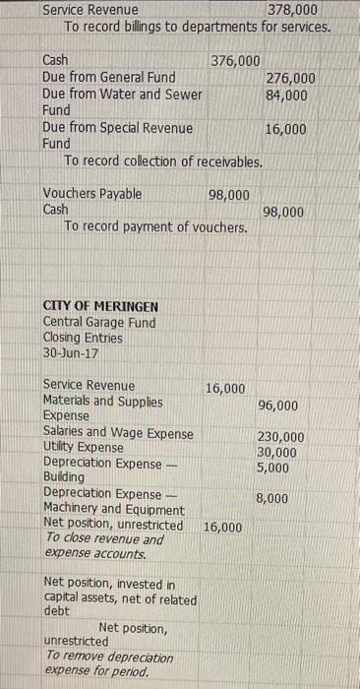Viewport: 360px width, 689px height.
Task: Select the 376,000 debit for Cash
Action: pyautogui.click(x=235, y=61)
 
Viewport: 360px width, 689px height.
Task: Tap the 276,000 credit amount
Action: pyautogui.click(x=291, y=78)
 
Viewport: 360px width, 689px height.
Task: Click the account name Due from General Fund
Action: pyautogui.click(x=109, y=78)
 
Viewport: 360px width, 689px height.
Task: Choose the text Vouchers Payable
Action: pyautogui.click(x=92, y=194)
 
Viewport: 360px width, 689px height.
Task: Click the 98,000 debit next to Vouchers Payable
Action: pyautogui.click(x=229, y=194)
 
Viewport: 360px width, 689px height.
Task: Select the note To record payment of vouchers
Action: pyautogui.click(x=155, y=227)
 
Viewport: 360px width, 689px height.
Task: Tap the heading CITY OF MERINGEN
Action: pyautogui.click(x=100, y=305)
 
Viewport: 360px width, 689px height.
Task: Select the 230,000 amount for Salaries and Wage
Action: pyautogui.click(x=280, y=437)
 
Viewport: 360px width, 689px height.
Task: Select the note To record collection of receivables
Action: pyautogui.click(x=162, y=160)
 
